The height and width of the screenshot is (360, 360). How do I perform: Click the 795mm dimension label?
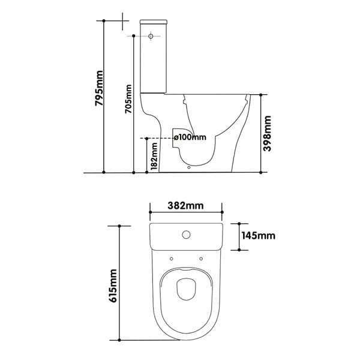point(99,88)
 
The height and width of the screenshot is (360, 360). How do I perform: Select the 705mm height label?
point(128,99)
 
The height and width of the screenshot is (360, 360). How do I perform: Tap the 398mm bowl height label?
point(267,134)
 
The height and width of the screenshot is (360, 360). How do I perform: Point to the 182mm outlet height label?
point(154,157)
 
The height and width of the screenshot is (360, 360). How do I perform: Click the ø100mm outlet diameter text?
point(190,137)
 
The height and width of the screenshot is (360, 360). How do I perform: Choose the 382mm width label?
point(185,205)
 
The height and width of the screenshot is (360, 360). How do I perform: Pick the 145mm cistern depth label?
point(258,236)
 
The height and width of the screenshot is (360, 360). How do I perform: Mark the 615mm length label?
point(113,286)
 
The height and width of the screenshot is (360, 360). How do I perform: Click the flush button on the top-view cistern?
point(186,235)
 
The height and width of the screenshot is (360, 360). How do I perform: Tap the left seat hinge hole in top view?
point(171,259)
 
